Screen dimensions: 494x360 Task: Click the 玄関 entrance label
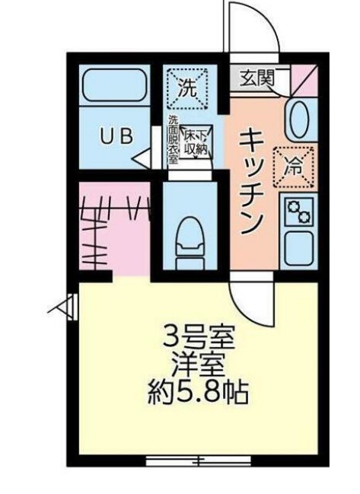tap(256, 78)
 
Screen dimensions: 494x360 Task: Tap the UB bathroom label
tap(118, 136)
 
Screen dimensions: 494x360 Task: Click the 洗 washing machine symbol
tap(186, 87)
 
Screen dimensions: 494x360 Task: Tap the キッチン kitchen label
tap(252, 180)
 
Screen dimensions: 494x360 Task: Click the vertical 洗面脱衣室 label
tap(173, 141)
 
